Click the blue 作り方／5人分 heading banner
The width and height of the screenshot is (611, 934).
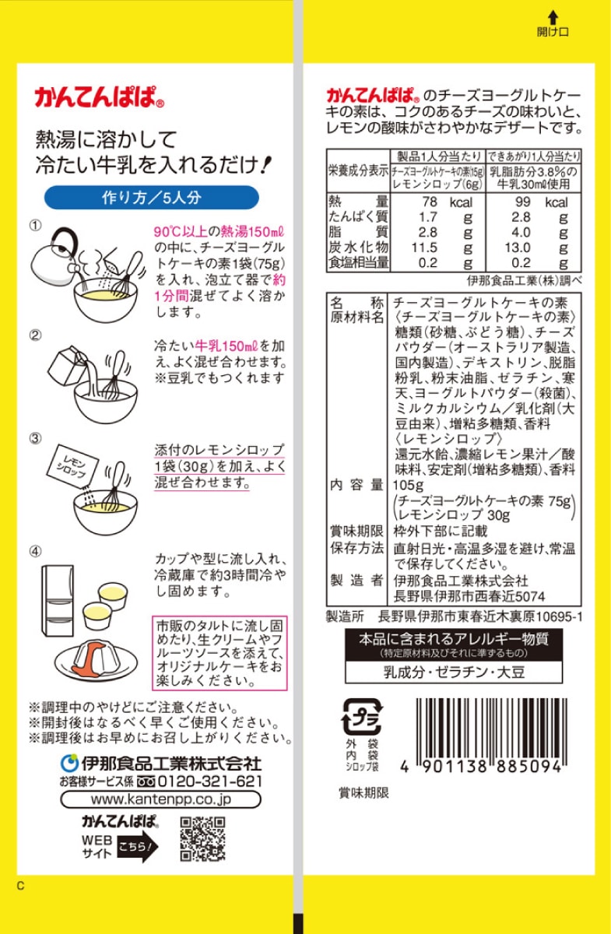(x=151, y=197)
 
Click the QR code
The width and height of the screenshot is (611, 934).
(x=202, y=838)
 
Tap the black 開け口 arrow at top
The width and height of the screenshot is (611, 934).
(x=553, y=16)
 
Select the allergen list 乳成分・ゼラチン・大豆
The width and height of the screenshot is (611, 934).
(x=453, y=671)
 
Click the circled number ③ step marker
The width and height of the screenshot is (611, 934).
(x=35, y=438)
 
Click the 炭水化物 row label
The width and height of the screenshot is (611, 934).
(x=358, y=248)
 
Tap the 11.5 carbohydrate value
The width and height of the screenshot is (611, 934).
(x=427, y=248)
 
